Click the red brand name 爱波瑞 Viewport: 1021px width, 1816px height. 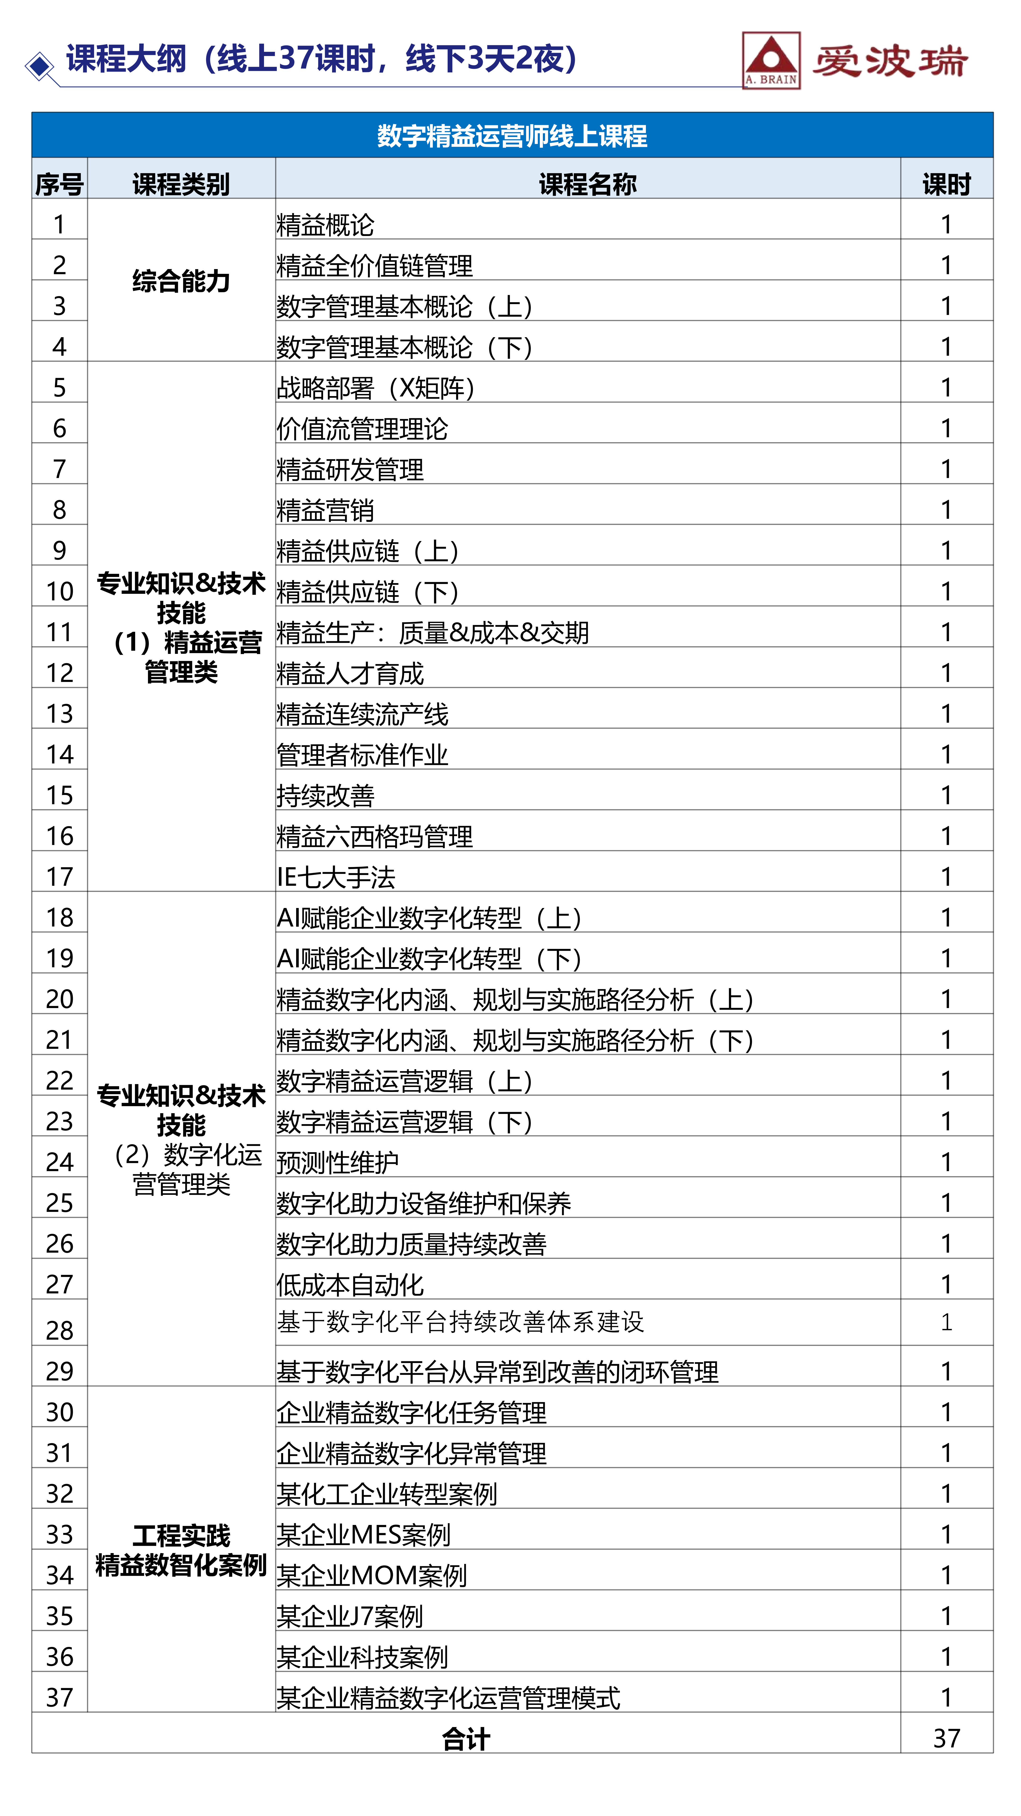890,61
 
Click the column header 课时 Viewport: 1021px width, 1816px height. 946,184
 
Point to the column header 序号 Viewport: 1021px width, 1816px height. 59,184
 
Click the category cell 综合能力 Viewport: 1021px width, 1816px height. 181,281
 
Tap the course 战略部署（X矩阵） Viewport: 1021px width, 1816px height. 376,388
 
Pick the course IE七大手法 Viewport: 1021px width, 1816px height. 336,877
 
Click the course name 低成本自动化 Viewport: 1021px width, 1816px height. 350,1284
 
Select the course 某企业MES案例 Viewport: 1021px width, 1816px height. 363,1534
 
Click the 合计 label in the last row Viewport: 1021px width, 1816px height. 466,1738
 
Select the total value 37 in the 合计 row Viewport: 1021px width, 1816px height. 946,1738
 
